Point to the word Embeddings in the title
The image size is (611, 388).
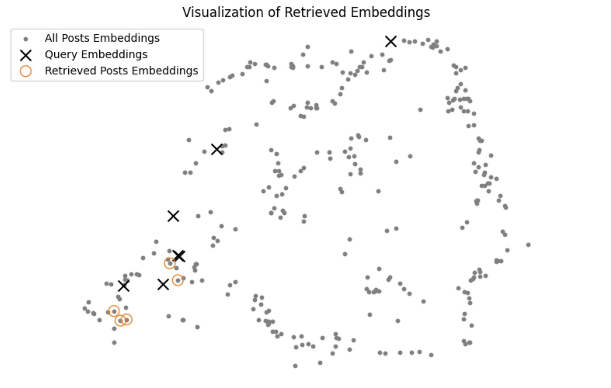(x=390, y=13)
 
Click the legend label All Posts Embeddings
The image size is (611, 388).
(x=102, y=38)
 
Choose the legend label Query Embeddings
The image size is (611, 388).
(x=96, y=54)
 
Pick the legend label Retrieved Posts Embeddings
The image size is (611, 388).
(x=121, y=70)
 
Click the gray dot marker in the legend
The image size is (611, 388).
(x=26, y=39)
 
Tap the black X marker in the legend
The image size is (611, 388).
(x=26, y=55)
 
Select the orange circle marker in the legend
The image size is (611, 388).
(x=26, y=71)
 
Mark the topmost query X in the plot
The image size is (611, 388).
(x=391, y=41)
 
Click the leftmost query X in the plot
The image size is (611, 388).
(x=124, y=286)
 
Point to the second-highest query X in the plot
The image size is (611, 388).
(x=217, y=149)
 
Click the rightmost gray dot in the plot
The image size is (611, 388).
(x=528, y=245)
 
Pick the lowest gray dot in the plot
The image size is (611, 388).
(x=295, y=366)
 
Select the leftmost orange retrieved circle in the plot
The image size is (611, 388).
(x=114, y=311)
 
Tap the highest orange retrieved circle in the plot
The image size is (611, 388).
(x=170, y=263)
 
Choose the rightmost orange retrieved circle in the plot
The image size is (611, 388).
(x=178, y=280)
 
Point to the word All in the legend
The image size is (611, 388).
(x=51, y=38)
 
